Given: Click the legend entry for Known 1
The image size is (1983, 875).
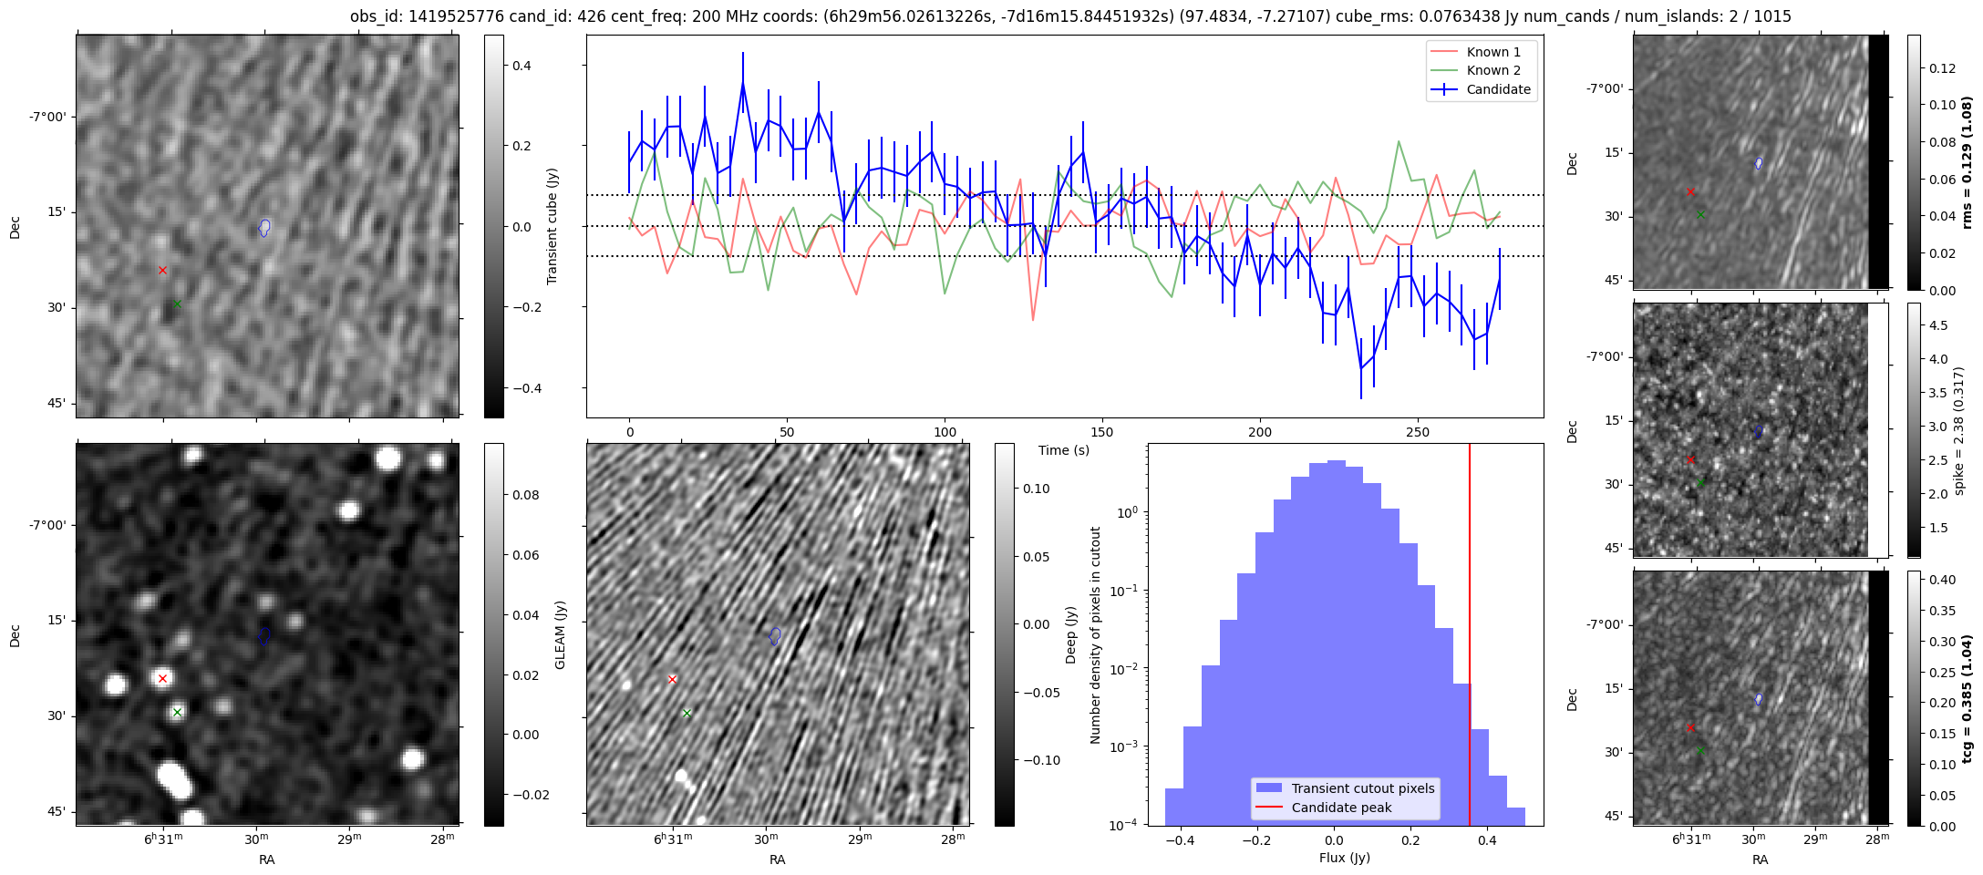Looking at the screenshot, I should pyautogui.click(x=1492, y=52).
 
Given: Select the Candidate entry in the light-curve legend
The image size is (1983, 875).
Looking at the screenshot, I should pyautogui.click(x=1498, y=89).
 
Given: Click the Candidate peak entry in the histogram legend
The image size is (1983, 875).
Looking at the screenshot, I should pyautogui.click(x=1341, y=808).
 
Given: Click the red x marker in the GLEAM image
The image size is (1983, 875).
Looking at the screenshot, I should pyautogui.click(x=162, y=678).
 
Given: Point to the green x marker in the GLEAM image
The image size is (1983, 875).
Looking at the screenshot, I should pyautogui.click(x=177, y=712).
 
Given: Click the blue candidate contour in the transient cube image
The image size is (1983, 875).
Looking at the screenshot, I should pyautogui.click(x=264, y=227).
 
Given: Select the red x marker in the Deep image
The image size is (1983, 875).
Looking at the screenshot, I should pyautogui.click(x=672, y=679).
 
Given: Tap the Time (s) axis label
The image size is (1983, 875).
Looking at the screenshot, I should pyautogui.click(x=1063, y=450).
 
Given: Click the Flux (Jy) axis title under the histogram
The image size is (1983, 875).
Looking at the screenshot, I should pyautogui.click(x=1344, y=858).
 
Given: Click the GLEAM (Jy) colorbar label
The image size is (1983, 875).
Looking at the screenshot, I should pyautogui.click(x=561, y=634).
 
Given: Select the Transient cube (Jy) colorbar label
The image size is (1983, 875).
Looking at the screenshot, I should pyautogui.click(x=553, y=226).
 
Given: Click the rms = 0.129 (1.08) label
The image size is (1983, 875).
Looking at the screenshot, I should pyautogui.click(x=1967, y=162).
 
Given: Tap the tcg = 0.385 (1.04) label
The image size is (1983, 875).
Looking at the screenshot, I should pyautogui.click(x=1967, y=699).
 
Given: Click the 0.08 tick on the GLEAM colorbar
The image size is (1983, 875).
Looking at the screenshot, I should pyautogui.click(x=527, y=495).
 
